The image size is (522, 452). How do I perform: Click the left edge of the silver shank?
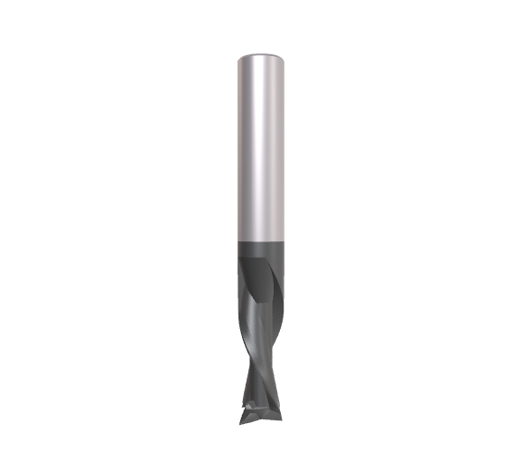point(239,145)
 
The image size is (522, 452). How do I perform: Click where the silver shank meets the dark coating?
point(261,240)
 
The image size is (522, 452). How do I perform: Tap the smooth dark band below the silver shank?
point(261,250)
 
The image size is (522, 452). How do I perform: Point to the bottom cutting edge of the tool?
point(259,421)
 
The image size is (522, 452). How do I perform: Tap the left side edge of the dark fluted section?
point(240,289)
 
